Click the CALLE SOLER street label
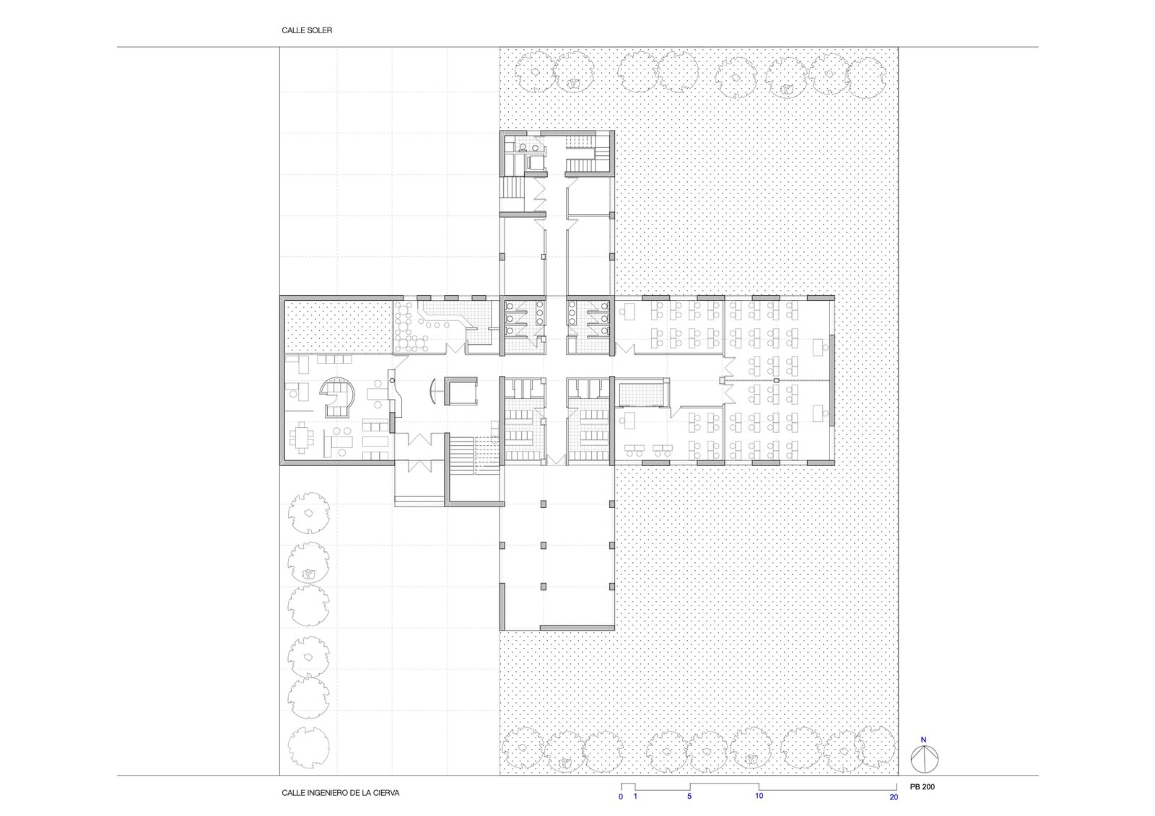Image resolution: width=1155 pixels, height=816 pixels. (x=307, y=30)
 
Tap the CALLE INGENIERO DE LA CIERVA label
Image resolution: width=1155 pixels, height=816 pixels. (x=340, y=792)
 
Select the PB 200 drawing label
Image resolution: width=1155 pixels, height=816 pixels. (x=923, y=786)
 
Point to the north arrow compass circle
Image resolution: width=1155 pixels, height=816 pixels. (x=924, y=759)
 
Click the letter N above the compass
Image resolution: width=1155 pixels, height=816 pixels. (x=923, y=740)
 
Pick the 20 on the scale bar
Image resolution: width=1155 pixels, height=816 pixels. (x=894, y=797)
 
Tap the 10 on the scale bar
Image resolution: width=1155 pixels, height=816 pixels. (x=759, y=796)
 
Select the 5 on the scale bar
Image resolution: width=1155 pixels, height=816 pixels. (x=689, y=796)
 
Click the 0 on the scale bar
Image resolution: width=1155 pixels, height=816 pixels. (x=621, y=796)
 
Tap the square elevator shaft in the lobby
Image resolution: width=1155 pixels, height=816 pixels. (x=461, y=391)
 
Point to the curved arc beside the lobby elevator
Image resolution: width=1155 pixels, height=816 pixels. (x=432, y=391)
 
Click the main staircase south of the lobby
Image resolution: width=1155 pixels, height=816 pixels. (x=461, y=455)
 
